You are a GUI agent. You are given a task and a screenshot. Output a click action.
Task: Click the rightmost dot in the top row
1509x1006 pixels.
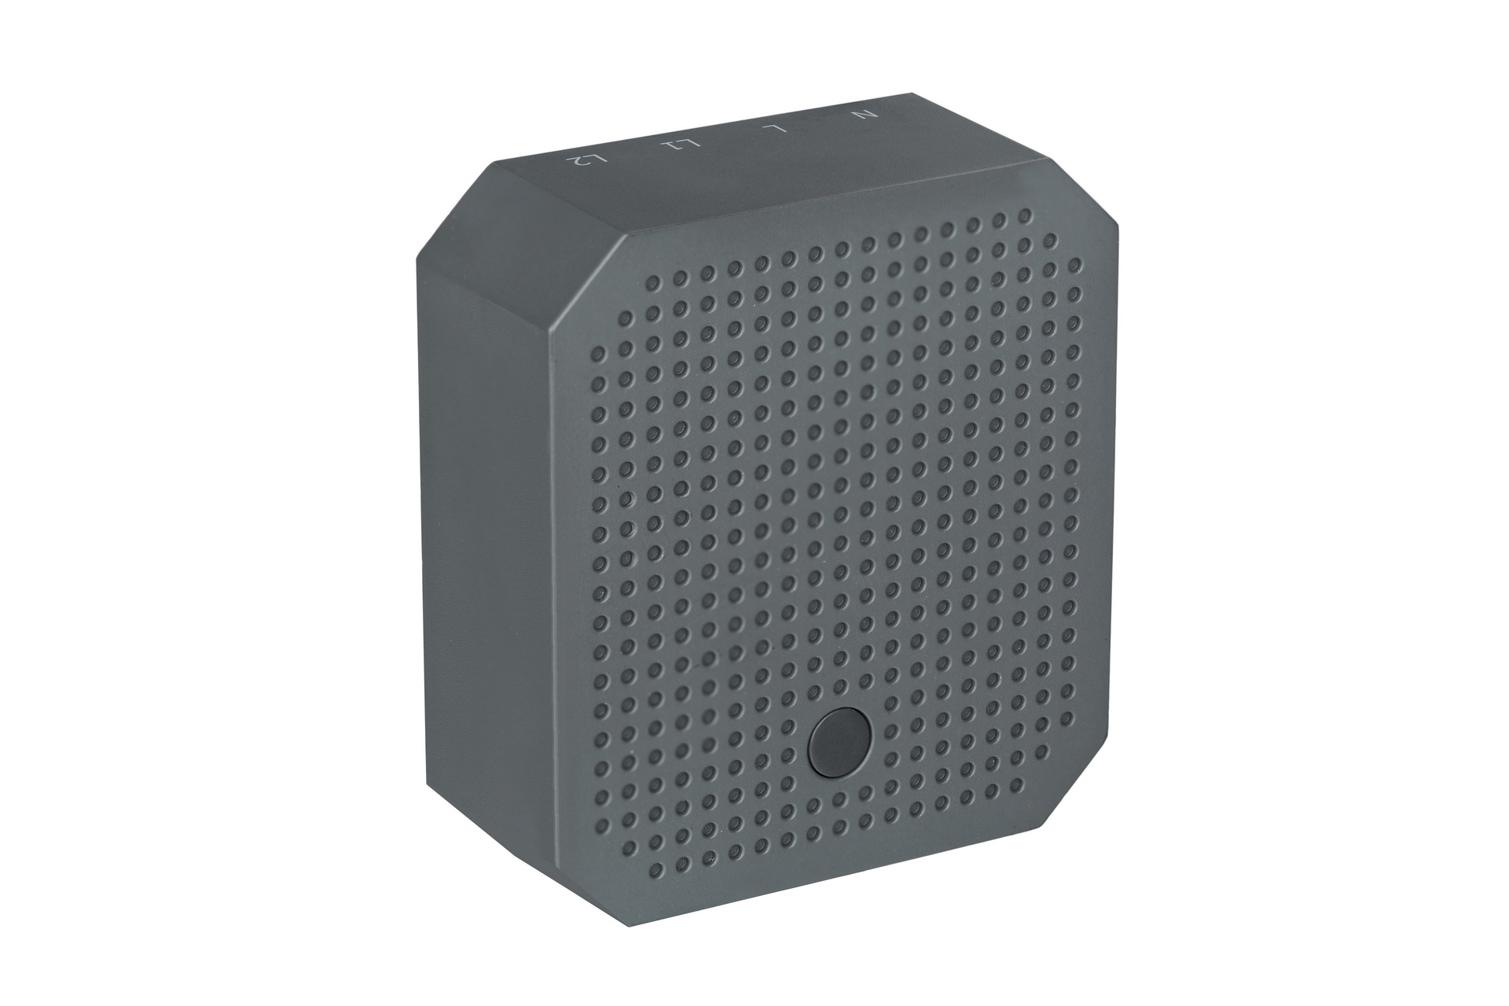[x=1024, y=215]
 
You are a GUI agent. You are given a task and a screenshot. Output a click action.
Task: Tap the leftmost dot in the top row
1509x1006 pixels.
[x=653, y=281]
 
